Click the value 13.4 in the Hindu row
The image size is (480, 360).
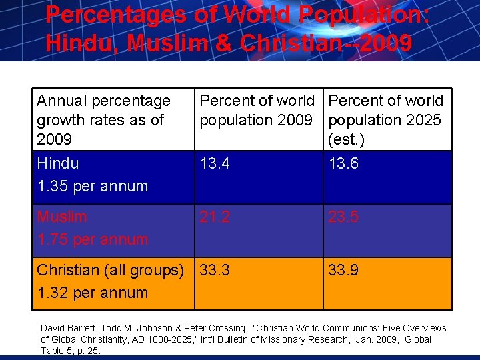215,163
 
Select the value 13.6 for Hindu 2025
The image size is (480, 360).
343,163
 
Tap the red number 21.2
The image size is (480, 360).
215,217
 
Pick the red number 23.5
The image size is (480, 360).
343,217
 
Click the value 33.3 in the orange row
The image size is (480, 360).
215,270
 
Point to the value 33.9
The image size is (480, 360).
343,270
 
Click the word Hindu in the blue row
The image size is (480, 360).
58,163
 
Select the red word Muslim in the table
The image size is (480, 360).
62,217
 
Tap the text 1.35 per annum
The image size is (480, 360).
93,186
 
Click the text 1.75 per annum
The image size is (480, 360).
93,239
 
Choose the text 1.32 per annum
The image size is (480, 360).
93,293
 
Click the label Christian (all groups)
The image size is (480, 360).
110,271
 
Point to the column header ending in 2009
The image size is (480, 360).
257,110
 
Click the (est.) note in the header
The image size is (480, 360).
346,140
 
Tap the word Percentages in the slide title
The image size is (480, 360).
116,15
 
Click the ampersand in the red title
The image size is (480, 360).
225,43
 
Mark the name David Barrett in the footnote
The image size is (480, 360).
68,328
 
